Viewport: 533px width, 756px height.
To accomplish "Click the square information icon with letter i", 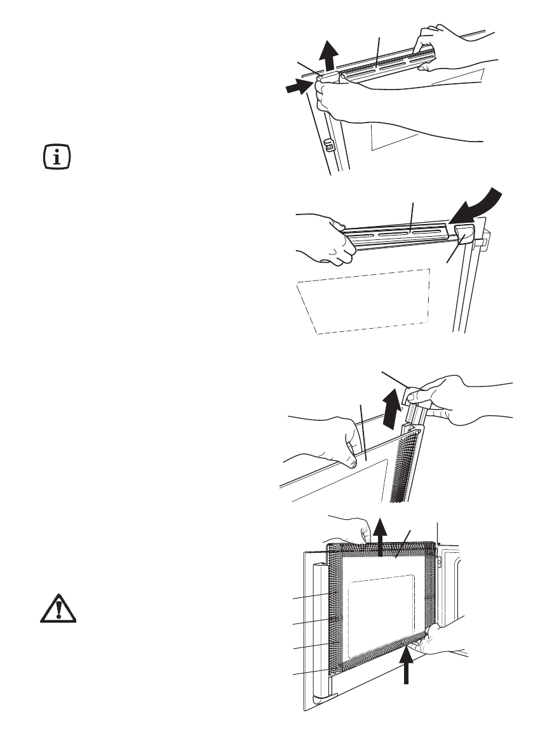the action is pos(57,157).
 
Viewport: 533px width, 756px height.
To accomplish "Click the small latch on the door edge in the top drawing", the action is pos(328,145).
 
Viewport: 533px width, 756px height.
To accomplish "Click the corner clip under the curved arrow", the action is pos(465,234).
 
